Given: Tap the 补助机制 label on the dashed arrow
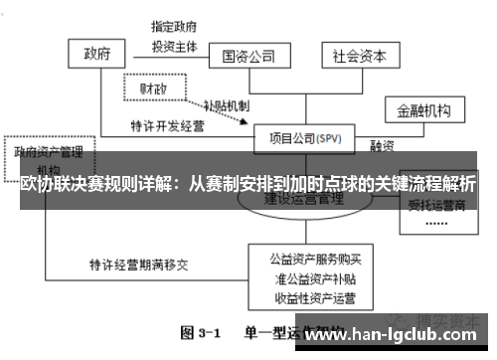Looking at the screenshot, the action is coord(226,105).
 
